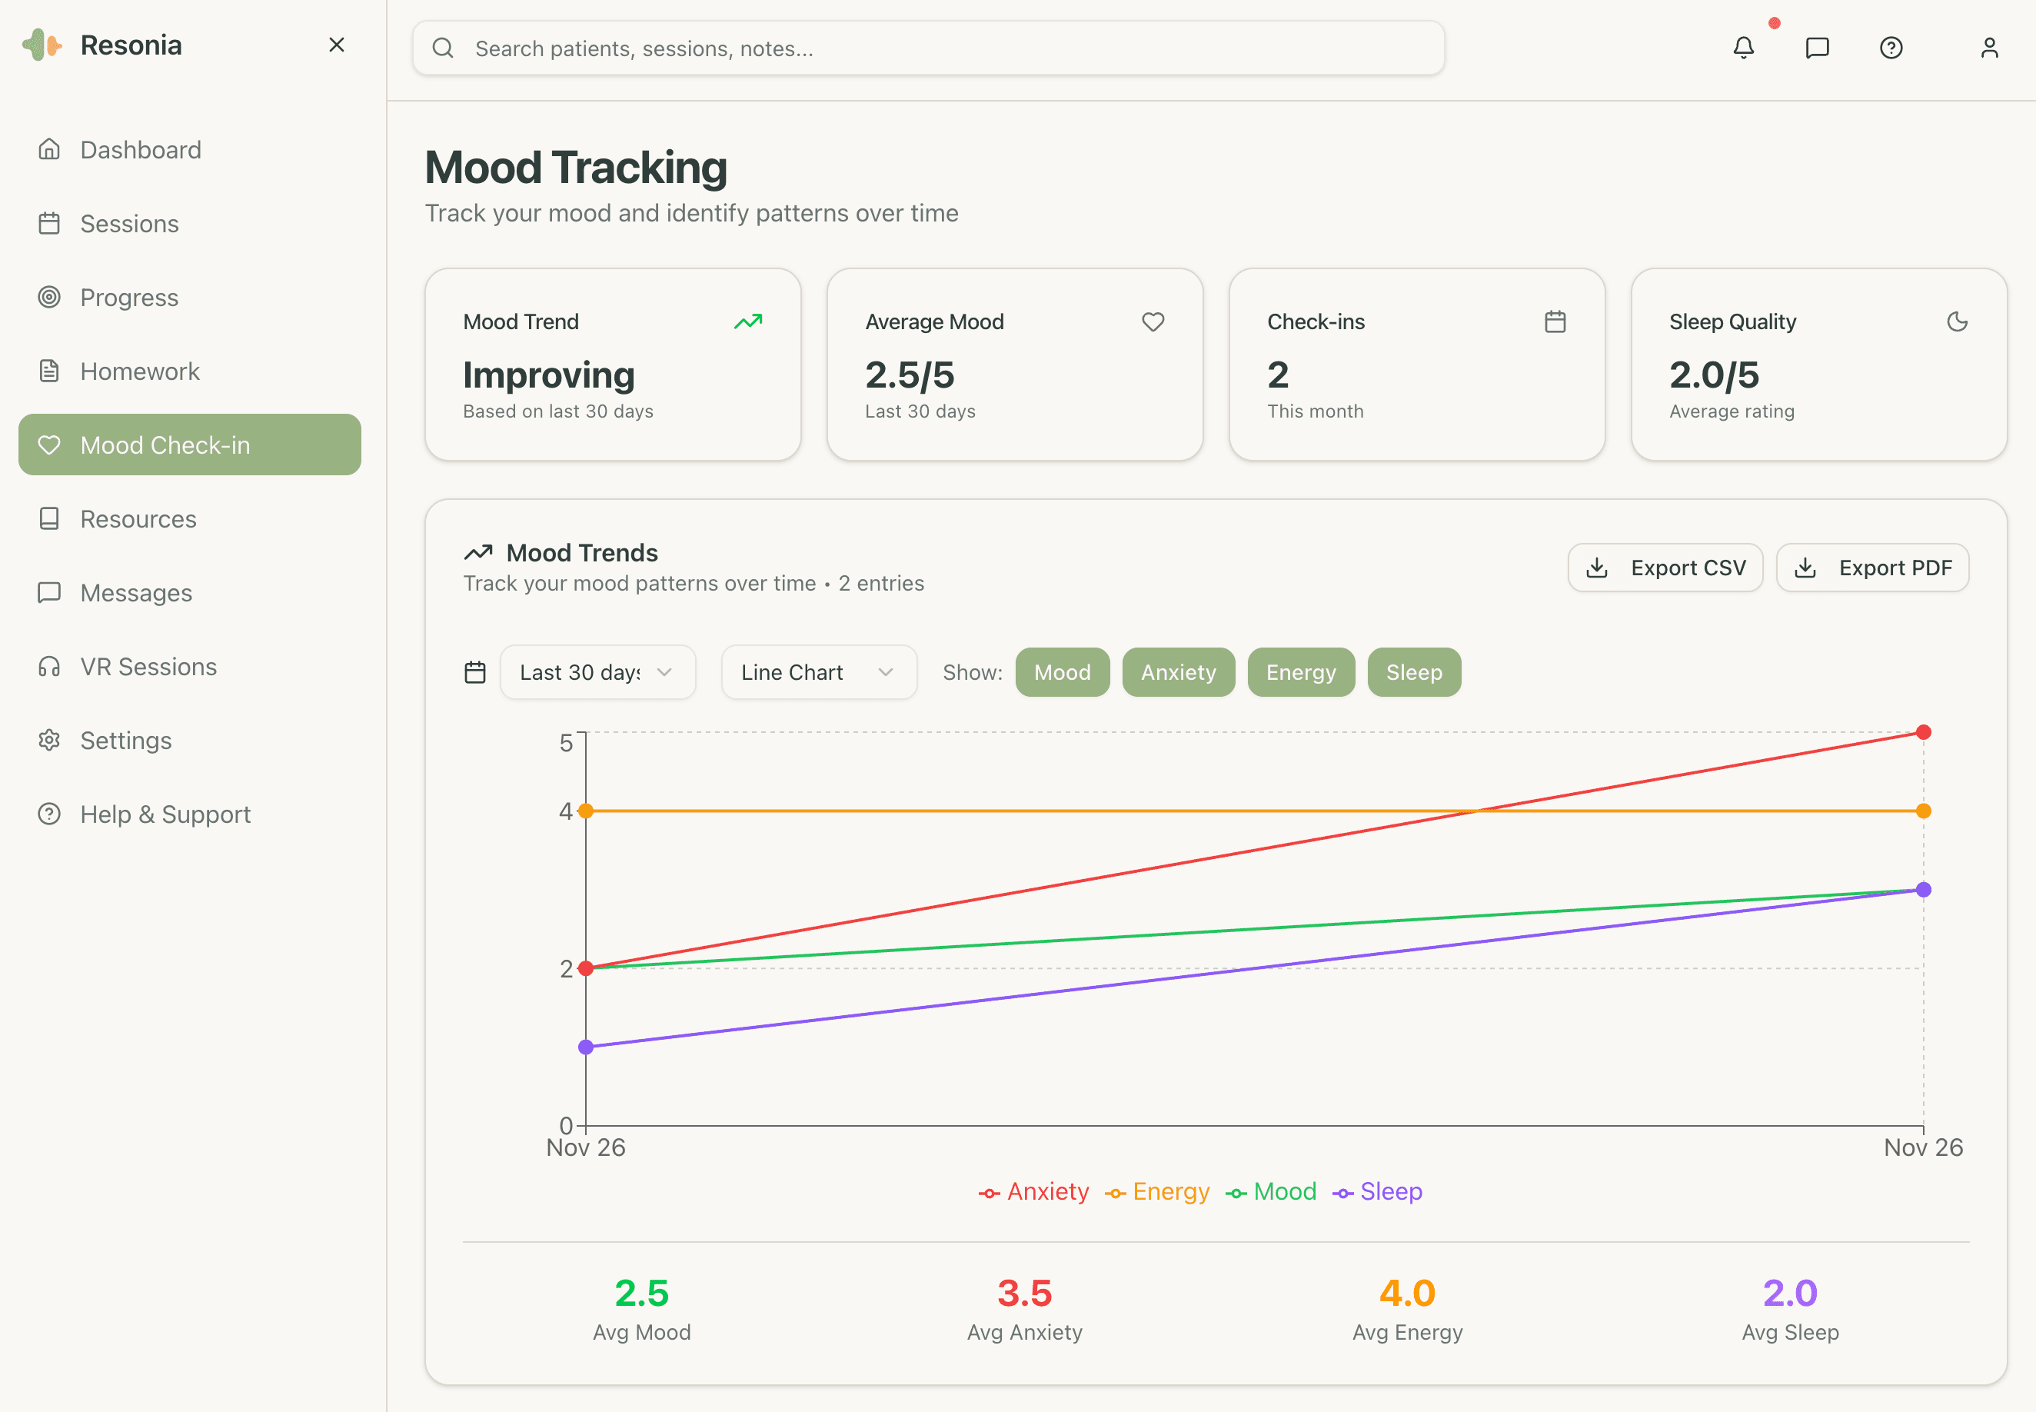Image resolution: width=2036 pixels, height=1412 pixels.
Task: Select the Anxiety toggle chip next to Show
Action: coord(1177,672)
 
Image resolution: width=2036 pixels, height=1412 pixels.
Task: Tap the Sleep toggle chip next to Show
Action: coord(1413,672)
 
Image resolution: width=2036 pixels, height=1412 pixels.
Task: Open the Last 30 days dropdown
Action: coord(597,672)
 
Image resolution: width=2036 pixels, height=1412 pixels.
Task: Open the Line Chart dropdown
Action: coord(818,672)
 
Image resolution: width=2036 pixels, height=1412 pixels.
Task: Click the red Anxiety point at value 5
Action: coord(1923,733)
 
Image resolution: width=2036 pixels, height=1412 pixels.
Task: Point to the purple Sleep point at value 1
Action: coord(586,1047)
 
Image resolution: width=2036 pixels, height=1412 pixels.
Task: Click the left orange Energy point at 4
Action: coord(586,811)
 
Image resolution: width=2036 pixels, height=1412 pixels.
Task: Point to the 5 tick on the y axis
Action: coord(566,742)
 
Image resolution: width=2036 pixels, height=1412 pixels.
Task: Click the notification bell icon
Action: coord(1742,48)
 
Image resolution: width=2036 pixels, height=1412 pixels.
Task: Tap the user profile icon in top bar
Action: coord(1988,48)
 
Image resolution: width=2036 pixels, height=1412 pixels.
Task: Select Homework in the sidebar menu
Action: coord(140,371)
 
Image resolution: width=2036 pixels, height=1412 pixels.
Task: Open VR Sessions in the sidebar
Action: coord(148,666)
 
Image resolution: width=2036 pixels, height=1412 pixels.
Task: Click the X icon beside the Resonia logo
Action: coord(336,45)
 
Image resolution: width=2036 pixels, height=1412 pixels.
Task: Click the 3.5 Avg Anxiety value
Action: coord(1024,1293)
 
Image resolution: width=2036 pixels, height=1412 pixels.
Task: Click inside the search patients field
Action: coord(929,48)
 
